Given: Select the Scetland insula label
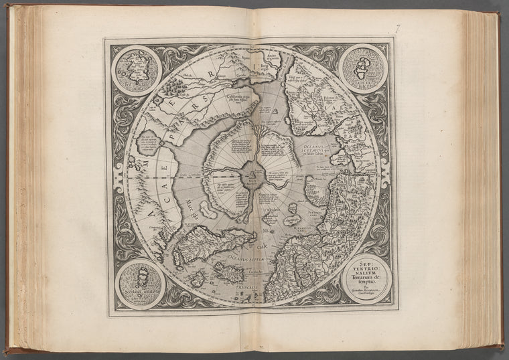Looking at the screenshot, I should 140,294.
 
